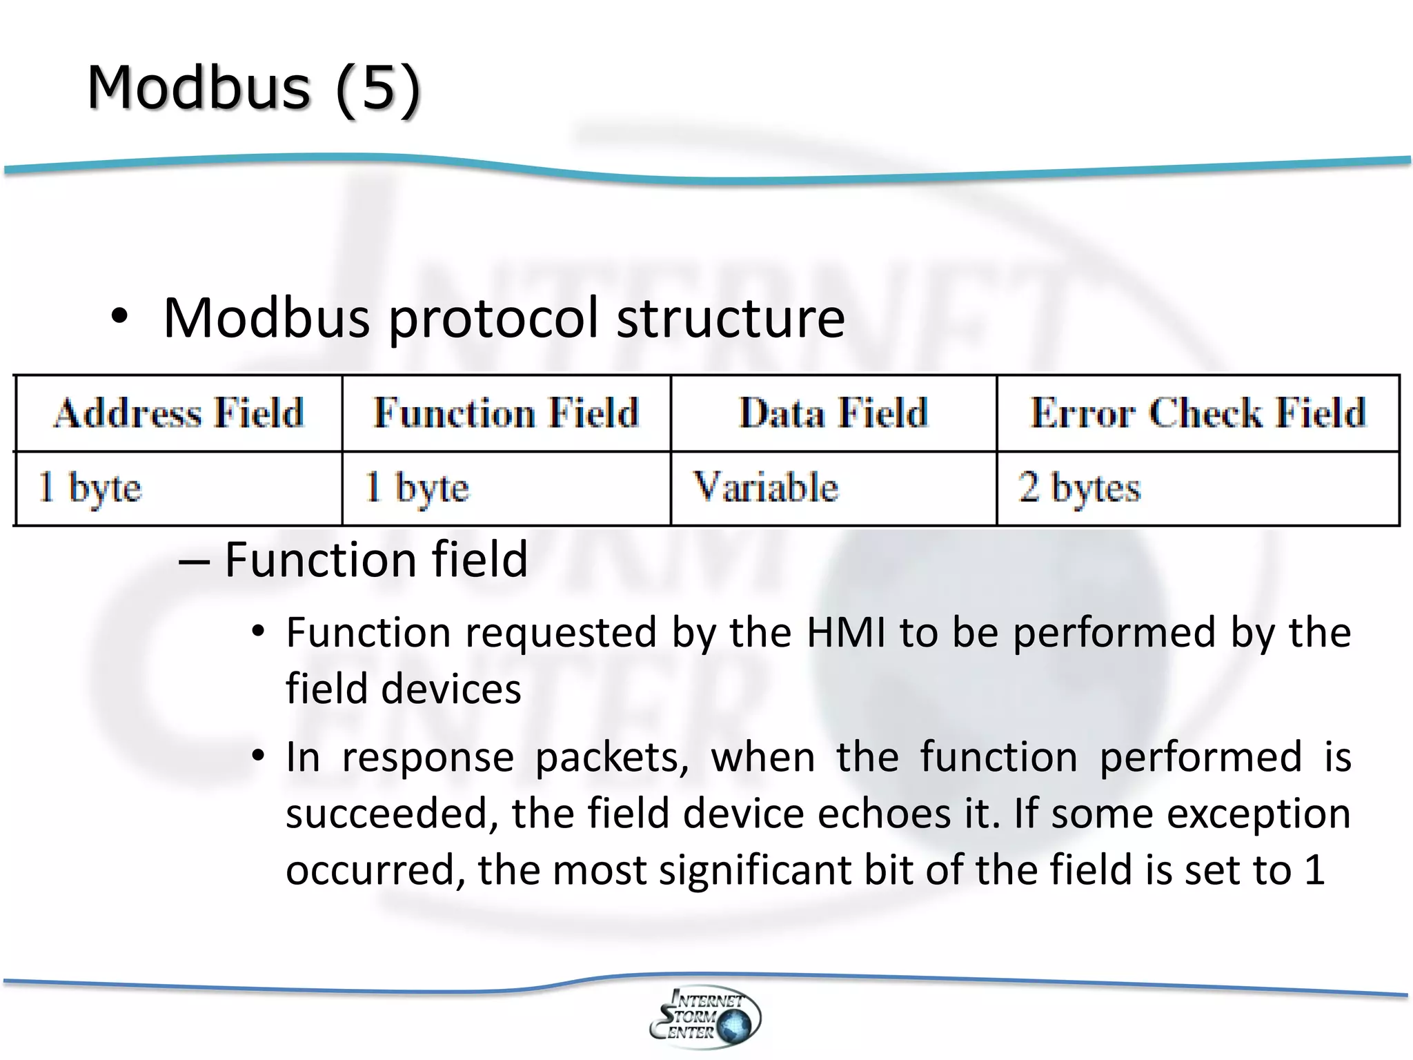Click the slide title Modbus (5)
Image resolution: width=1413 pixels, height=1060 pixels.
point(253,88)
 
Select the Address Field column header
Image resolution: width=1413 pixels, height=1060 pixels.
point(179,413)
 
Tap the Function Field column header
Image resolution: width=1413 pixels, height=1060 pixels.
point(506,413)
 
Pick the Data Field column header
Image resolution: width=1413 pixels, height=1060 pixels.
point(833,413)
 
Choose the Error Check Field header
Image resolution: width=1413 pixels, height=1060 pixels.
point(1198,413)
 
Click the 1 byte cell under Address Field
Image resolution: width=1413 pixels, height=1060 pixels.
point(90,487)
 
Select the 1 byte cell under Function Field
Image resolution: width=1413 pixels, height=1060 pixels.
point(417,487)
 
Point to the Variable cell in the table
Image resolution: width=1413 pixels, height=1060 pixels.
point(765,487)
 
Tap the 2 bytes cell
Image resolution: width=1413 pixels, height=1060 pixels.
point(1079,487)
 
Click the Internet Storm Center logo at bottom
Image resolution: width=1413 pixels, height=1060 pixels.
point(705,1017)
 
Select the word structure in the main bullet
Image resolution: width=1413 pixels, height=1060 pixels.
point(730,318)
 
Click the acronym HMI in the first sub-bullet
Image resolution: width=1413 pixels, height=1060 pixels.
point(846,632)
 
